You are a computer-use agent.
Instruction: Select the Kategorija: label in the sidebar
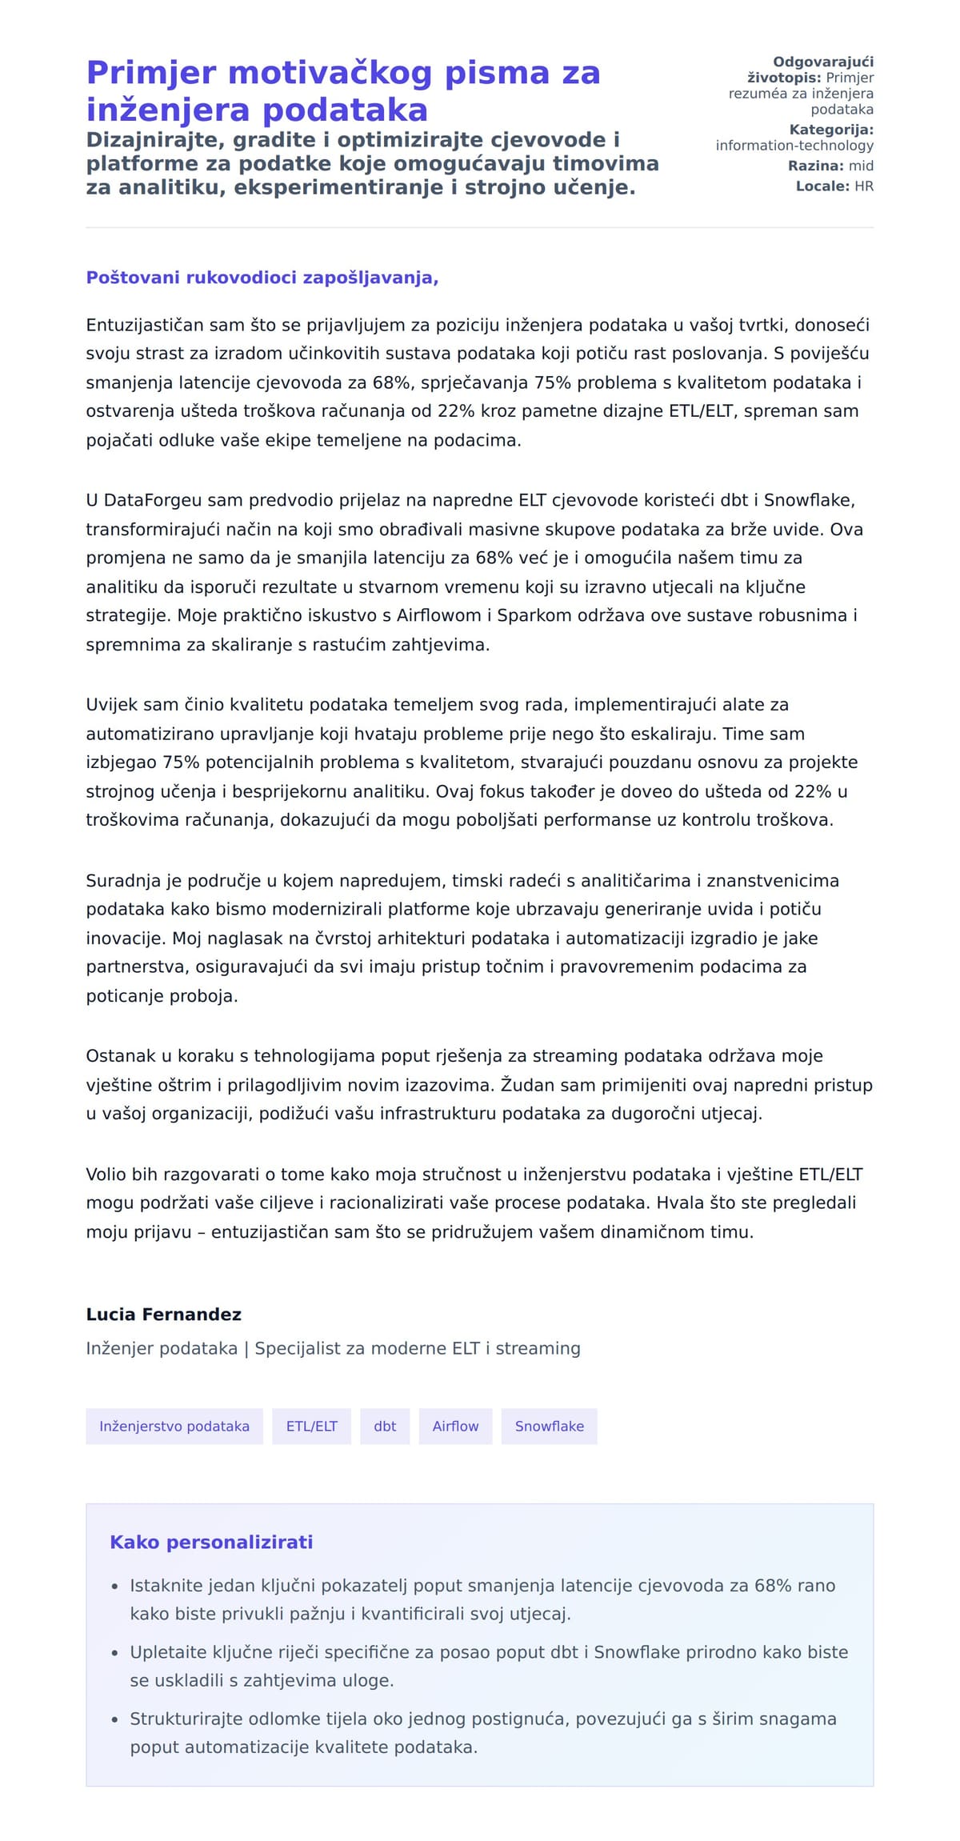coord(831,130)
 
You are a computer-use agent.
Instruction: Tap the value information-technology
coord(794,146)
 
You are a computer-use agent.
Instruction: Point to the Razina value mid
coord(861,166)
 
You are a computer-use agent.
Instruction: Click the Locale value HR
coord(864,186)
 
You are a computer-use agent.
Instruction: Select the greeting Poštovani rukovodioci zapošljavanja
coord(262,278)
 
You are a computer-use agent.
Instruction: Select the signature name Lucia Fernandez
coord(163,1315)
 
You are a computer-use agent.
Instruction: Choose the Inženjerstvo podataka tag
coord(174,1427)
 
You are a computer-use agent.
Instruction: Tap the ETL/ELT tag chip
coord(312,1427)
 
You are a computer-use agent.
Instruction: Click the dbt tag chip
coord(385,1427)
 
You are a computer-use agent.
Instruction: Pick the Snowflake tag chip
coord(549,1427)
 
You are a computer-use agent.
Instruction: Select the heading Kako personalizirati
coord(211,1543)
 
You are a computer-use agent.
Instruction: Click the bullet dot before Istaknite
coord(114,1587)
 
